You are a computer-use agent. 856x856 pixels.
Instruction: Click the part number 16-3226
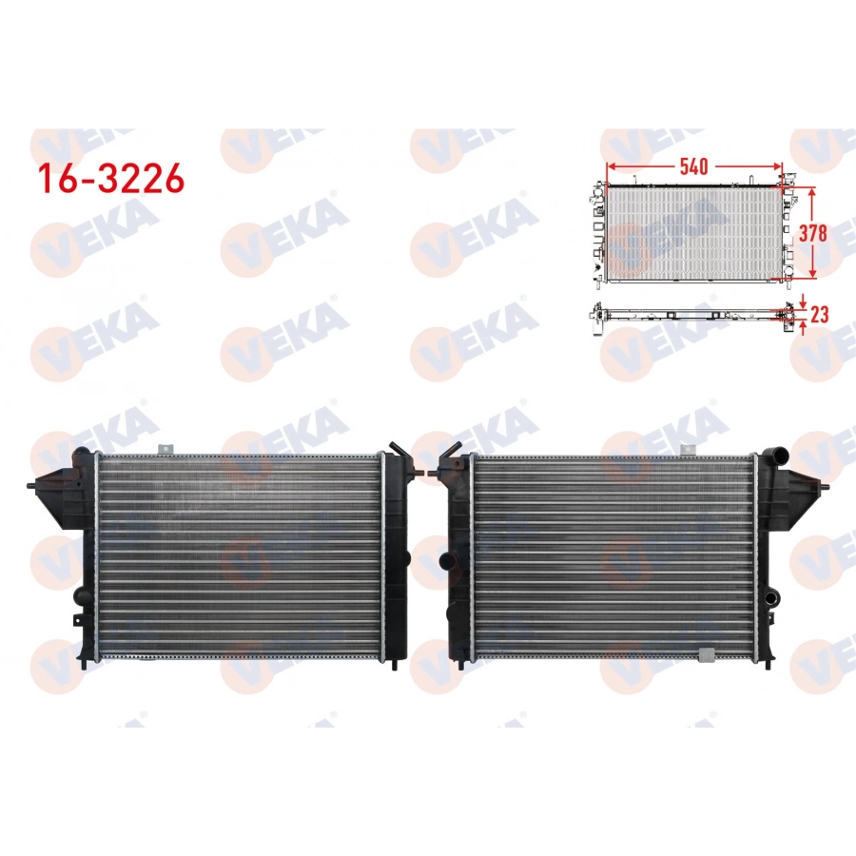(109, 178)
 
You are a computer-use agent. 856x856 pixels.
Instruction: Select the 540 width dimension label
(692, 166)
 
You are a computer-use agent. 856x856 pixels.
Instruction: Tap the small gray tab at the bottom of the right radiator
(706, 653)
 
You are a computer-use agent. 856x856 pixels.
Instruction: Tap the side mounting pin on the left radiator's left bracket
(35, 487)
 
